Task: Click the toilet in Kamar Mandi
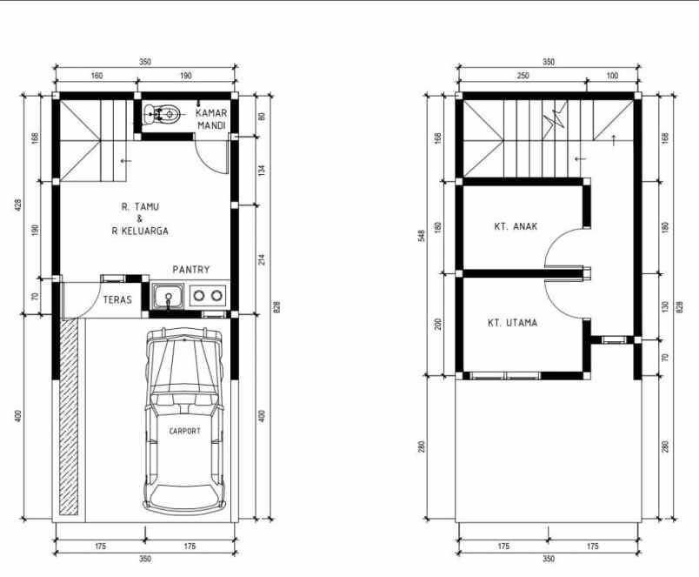pyautogui.click(x=163, y=112)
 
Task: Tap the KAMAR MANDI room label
pyautogui.click(x=211, y=119)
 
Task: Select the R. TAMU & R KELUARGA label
pyautogui.click(x=140, y=218)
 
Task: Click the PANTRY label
pyautogui.click(x=190, y=270)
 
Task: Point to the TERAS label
pyautogui.click(x=117, y=300)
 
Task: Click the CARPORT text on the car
pyautogui.click(x=184, y=431)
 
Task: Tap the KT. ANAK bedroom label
pyautogui.click(x=516, y=226)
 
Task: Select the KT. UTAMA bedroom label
pyautogui.click(x=512, y=323)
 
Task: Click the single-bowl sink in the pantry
pyautogui.click(x=166, y=297)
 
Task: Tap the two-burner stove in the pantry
pyautogui.click(x=208, y=296)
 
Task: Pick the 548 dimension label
pyautogui.click(x=422, y=235)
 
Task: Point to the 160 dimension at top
pyautogui.click(x=97, y=77)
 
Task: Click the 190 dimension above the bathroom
pyautogui.click(x=185, y=77)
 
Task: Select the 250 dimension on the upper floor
pyautogui.click(x=523, y=77)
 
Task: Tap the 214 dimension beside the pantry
pyautogui.click(x=261, y=258)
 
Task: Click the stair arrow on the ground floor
pyautogui.click(x=126, y=160)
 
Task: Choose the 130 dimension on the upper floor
pyautogui.click(x=665, y=306)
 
